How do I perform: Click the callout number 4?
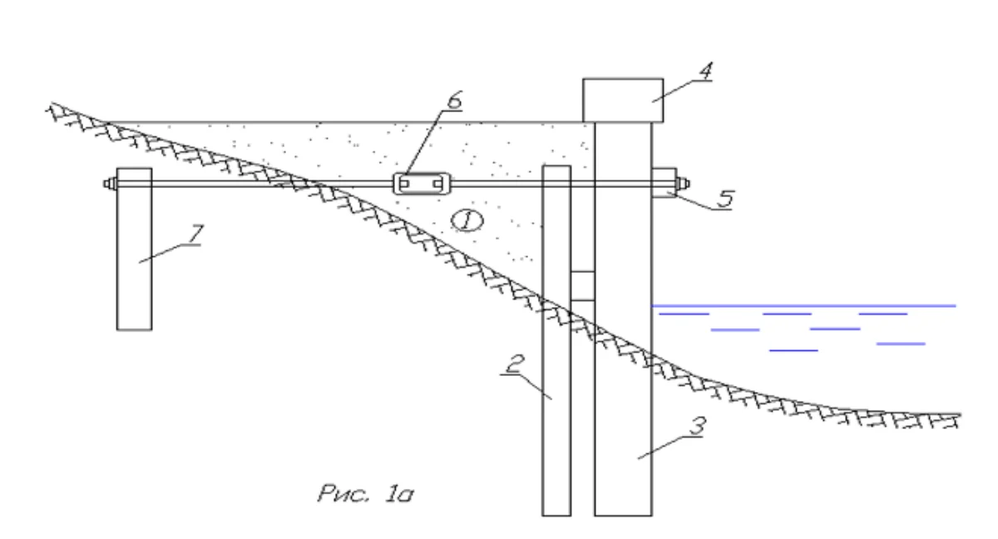[706, 72]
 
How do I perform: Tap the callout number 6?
[454, 100]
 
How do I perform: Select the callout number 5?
[726, 199]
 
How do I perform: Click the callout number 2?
[515, 364]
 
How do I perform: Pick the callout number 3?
[698, 426]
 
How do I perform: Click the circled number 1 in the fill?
[467, 220]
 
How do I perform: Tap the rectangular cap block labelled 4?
[623, 100]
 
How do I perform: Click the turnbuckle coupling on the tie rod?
[422, 184]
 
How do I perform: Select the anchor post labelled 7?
[134, 249]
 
